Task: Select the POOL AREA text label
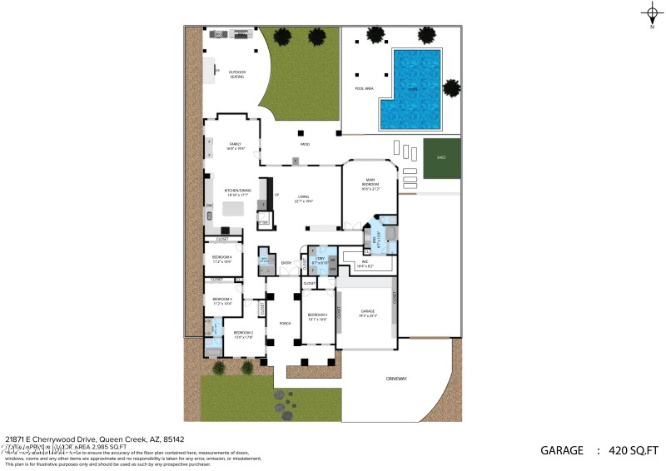tap(364, 87)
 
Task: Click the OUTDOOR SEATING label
tap(237, 75)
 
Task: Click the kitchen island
tap(234, 209)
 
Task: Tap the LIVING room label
tap(291, 198)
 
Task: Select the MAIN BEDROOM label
tap(370, 185)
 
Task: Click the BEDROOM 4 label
tap(222, 259)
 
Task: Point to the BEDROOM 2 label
tap(243, 335)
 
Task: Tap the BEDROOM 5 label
tap(316, 316)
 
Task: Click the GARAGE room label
tap(367, 315)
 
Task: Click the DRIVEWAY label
tap(396, 379)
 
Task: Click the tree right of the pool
tap(451, 87)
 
